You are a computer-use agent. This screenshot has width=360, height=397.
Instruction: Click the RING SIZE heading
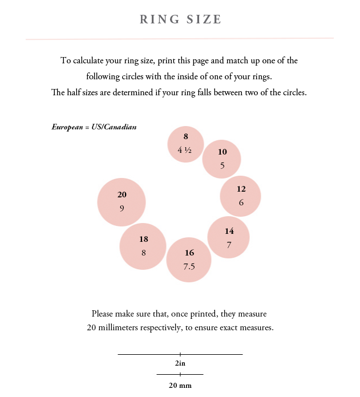click(180, 19)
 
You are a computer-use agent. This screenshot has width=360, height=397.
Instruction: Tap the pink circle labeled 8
click(185, 144)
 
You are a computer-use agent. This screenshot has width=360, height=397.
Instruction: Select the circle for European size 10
click(221, 159)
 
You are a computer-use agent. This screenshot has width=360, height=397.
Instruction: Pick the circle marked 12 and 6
click(240, 196)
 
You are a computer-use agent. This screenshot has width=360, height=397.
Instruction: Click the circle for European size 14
click(228, 237)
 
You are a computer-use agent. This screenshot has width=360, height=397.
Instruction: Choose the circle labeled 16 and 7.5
click(189, 260)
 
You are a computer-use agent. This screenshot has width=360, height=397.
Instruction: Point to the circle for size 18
click(143, 246)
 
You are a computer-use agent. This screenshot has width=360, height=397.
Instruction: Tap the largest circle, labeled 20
click(122, 202)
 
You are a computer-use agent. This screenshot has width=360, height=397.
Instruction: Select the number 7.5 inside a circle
click(189, 266)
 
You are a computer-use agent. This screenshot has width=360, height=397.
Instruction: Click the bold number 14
click(229, 231)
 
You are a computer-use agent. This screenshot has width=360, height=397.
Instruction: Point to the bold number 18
click(144, 240)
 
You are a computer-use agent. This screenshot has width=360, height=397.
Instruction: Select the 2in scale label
click(180, 363)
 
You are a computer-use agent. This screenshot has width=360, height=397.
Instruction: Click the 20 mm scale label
click(180, 385)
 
